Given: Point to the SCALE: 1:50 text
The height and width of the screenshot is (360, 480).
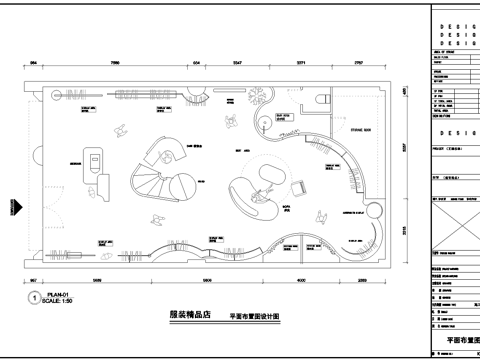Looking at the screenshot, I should [60, 300].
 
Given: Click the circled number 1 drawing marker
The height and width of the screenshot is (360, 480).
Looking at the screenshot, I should [35, 297].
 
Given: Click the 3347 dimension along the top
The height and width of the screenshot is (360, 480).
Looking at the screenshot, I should [237, 62].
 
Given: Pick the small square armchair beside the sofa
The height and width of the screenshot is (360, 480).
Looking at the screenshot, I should [300, 186].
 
